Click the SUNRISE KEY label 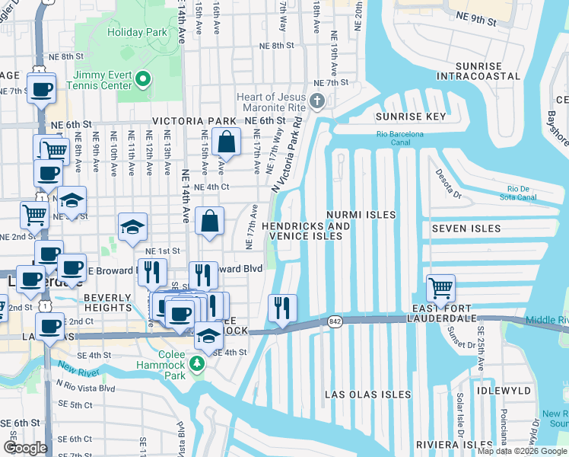[410, 117]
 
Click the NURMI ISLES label [361, 216]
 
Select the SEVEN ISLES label [466, 228]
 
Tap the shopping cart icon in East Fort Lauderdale [440, 288]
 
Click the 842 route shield [335, 322]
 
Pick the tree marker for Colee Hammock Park [197, 364]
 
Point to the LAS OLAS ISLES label [368, 395]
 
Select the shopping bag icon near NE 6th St [227, 141]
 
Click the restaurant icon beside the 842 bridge [282, 307]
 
